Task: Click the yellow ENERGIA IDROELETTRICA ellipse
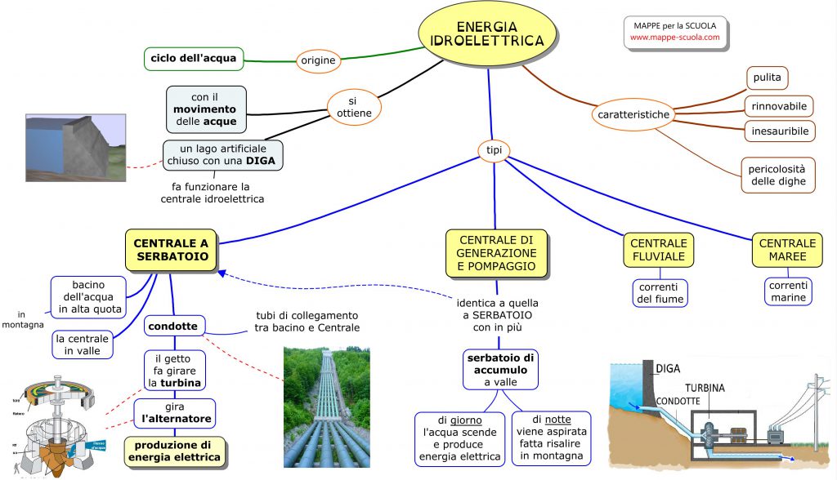488,33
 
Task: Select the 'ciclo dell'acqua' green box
193,58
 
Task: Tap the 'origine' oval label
318,60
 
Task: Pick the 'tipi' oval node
494,149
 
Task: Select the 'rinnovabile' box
779,106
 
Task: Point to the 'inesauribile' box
779,131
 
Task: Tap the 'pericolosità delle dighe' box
777,175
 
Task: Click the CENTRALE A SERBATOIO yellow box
171,249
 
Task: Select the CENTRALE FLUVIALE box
659,251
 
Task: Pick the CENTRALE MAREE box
787,250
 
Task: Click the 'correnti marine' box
787,291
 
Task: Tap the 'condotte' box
173,327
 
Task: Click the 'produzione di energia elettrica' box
173,451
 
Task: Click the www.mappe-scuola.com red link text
674,38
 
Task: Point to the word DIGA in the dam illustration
667,368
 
